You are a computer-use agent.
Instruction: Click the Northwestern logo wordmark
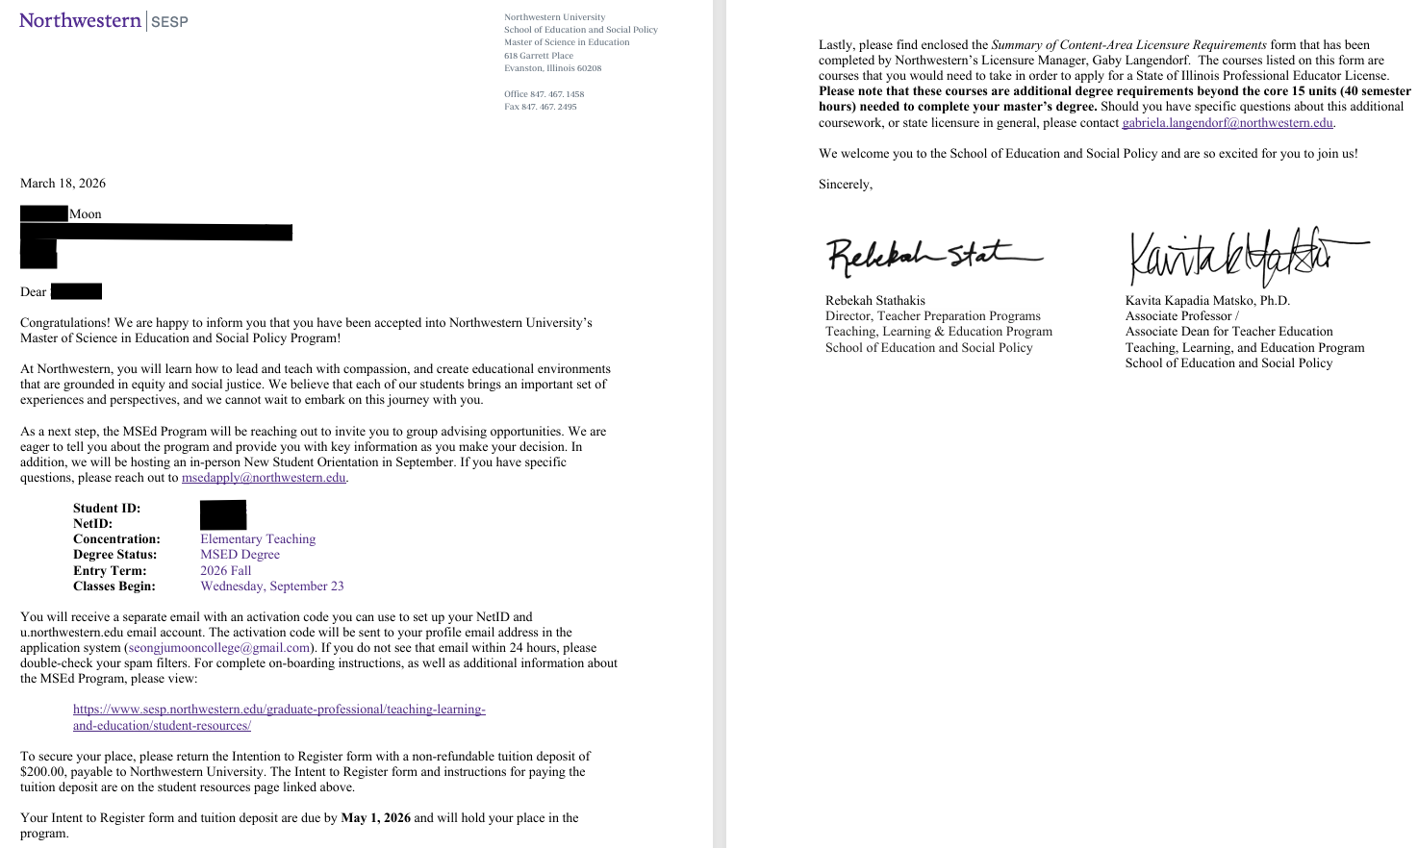pos(80,20)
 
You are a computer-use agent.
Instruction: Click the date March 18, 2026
pos(63,183)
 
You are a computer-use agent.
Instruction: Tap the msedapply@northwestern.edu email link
pos(264,478)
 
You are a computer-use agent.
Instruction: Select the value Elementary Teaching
pos(258,539)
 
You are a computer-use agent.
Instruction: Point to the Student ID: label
pos(107,509)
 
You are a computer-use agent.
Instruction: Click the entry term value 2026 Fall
pos(225,570)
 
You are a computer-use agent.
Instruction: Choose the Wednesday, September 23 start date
pos(271,586)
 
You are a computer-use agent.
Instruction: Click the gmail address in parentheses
pos(219,648)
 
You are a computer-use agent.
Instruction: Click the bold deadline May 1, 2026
pos(375,818)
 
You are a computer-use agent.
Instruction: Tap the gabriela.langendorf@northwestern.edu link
pos(1228,123)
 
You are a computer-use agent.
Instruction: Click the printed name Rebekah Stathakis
pos(874,301)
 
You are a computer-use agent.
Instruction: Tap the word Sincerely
pos(845,185)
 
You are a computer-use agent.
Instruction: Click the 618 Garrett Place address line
pos(538,56)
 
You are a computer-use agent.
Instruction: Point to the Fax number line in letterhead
pos(540,107)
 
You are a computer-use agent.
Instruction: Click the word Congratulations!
pos(66,323)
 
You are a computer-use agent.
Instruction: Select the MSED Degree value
pos(240,555)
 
